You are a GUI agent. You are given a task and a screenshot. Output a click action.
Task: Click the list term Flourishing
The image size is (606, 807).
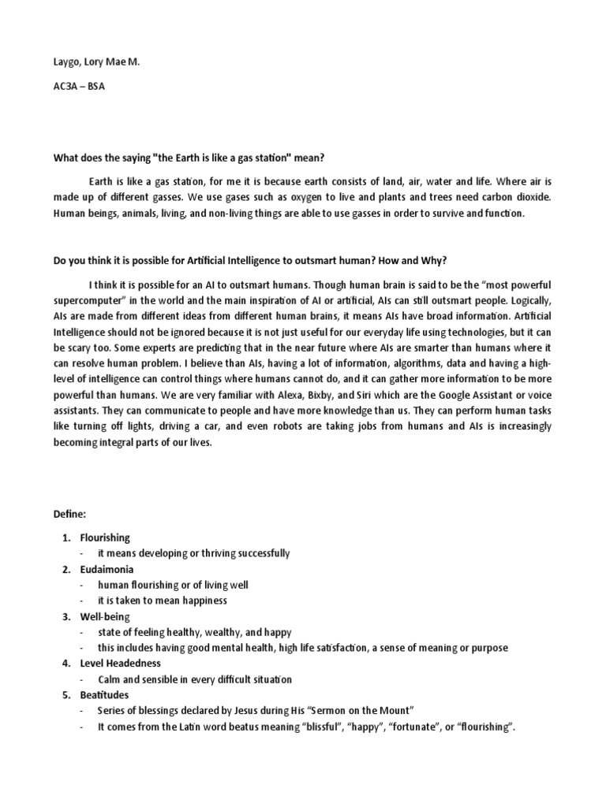tap(105, 537)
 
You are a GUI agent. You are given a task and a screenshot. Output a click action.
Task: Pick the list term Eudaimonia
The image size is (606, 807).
tap(107, 569)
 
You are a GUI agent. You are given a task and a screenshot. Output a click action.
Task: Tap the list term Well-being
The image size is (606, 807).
tap(105, 616)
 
